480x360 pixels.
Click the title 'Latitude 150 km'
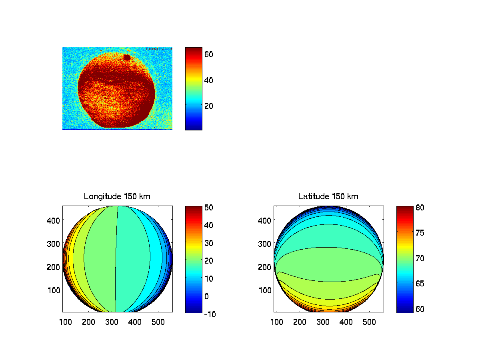pyautogui.click(x=328, y=196)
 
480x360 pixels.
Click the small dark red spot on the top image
pyautogui.click(x=127, y=58)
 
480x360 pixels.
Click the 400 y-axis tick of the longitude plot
pyautogui.click(x=55, y=220)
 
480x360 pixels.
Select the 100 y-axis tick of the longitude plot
pyautogui.click(x=55, y=290)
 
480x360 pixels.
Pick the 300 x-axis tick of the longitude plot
pyautogui.click(x=112, y=322)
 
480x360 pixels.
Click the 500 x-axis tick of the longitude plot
pyautogui.click(x=158, y=322)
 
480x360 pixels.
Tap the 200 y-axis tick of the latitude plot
pyautogui.click(x=266, y=266)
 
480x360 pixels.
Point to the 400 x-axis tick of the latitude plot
pyautogui.click(x=346, y=322)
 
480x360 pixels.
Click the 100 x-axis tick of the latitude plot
pyautogui.click(x=277, y=322)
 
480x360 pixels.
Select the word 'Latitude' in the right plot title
pyautogui.click(x=312, y=196)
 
